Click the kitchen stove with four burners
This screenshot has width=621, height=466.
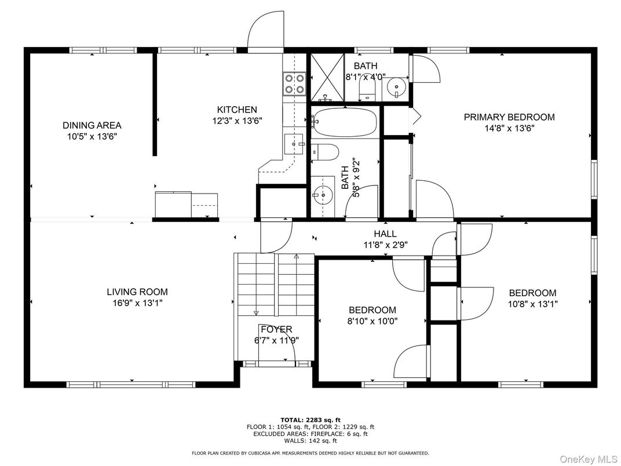pyautogui.click(x=294, y=83)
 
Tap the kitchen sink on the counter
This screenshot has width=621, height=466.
pyautogui.click(x=294, y=144)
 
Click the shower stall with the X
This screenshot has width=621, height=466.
pyautogui.click(x=327, y=77)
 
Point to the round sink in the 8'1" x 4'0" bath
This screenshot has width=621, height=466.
pyautogui.click(x=395, y=86)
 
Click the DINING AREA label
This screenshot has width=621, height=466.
pyautogui.click(x=92, y=126)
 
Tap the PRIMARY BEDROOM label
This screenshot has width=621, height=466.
pyautogui.click(x=509, y=117)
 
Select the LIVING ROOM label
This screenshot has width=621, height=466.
pyautogui.click(x=137, y=292)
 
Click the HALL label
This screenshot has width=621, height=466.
pyautogui.click(x=385, y=234)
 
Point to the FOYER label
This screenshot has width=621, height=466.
pyautogui.click(x=276, y=329)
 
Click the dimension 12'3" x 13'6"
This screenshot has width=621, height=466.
pyautogui.click(x=237, y=121)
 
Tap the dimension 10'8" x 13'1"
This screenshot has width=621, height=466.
pyautogui.click(x=532, y=304)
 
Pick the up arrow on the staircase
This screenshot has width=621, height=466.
pyautogui.click(x=296, y=256)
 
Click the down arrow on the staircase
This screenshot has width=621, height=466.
pyautogui.click(x=256, y=312)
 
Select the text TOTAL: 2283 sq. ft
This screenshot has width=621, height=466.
pyautogui.click(x=310, y=420)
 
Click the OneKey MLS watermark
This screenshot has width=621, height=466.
pyautogui.click(x=589, y=459)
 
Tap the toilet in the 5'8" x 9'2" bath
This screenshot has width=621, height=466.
pyautogui.click(x=325, y=152)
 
